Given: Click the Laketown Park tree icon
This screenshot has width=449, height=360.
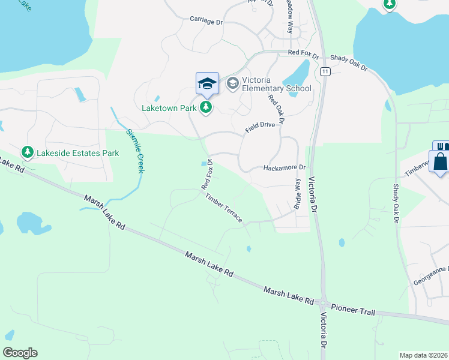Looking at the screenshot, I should click(206, 108).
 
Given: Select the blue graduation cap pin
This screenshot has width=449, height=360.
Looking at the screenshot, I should click(207, 84).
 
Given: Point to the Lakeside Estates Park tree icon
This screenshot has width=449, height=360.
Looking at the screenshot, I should click(27, 153).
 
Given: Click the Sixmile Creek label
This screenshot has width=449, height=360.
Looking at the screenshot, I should click(134, 151).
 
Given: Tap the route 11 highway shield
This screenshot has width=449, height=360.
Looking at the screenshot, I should click(325, 71).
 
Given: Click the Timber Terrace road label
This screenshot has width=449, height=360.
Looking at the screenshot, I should click(224, 208).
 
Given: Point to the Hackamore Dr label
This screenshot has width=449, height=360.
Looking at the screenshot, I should click(285, 168).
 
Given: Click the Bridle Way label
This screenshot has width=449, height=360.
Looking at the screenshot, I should click(297, 194).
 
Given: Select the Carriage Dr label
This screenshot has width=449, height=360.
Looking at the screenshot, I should click(206, 20).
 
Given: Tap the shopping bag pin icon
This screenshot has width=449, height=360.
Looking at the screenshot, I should click(440, 162).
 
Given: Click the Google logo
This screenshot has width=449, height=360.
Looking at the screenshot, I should click(20, 353).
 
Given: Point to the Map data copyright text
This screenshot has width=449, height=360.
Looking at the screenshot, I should click(424, 355).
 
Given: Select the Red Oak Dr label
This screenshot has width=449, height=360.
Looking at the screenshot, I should click(276, 110).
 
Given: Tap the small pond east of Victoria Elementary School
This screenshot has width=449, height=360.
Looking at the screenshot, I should click(295, 75).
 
